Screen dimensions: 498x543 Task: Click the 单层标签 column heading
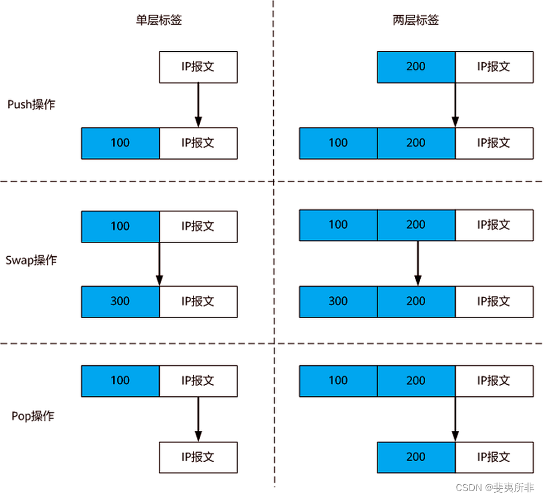159,21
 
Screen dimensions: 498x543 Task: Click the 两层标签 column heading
416,21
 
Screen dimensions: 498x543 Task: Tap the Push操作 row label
32,105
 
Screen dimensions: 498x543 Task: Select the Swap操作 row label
32,260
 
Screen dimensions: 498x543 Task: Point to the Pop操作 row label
33,415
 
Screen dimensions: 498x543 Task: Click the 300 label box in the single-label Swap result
120,302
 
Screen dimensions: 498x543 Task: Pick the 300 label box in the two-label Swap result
338,302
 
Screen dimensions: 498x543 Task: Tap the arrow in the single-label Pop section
198,419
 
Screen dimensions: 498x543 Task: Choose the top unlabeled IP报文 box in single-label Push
198,67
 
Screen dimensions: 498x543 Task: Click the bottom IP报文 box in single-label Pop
198,457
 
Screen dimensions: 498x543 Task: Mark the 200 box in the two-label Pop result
416,457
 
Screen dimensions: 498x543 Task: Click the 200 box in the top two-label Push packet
416,67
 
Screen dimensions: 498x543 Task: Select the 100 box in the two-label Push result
338,143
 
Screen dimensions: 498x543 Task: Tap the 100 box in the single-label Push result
120,143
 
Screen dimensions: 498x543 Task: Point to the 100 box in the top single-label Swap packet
120,226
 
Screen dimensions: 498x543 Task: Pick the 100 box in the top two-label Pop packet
338,381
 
